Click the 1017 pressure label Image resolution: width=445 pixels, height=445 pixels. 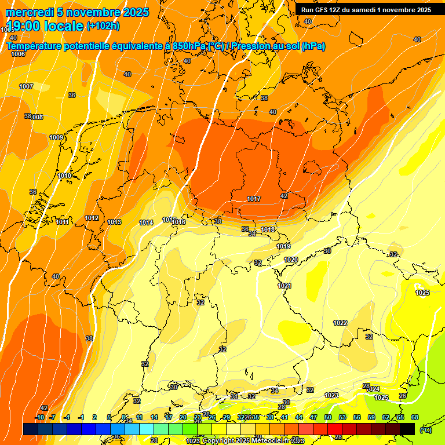click(254, 199)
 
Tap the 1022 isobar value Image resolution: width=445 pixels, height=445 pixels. click(340, 323)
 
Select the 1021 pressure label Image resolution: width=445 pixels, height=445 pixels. click(284, 286)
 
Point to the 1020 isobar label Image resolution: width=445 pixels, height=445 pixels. click(291, 260)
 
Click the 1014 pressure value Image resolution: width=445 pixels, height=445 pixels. click(146, 222)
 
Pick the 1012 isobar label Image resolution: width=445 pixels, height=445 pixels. click(92, 218)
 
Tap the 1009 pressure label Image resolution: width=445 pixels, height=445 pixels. click(56, 137)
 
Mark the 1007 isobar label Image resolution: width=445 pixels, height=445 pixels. click(26, 86)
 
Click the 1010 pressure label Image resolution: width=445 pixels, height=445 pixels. click(64, 176)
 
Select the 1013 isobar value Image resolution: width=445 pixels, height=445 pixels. click(114, 222)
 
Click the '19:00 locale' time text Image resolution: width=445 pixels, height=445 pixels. click(45, 25)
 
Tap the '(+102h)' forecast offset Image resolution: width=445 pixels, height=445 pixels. click(103, 25)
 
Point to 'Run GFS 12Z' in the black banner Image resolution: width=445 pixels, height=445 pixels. click(322, 10)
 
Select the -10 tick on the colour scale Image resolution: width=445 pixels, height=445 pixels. click(39, 417)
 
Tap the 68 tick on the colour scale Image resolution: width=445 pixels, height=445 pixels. click(415, 417)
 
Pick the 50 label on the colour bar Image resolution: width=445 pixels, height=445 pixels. click(328, 417)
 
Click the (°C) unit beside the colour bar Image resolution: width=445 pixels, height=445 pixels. click(425, 430)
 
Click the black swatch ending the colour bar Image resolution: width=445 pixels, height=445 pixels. click(407, 429)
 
